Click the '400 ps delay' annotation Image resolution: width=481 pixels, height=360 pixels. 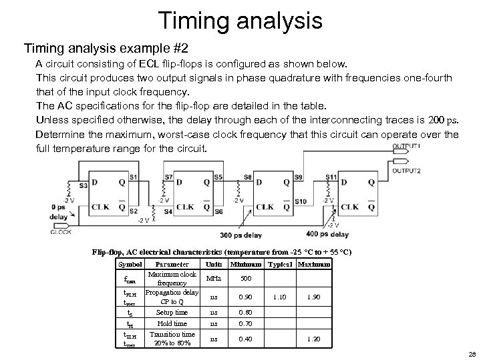pyautogui.click(x=327, y=235)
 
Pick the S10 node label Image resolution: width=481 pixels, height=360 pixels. pyautogui.click(x=300, y=201)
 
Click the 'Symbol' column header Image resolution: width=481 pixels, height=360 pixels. pyautogui.click(x=130, y=265)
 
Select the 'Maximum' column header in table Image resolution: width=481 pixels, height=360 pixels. pyautogui.click(x=314, y=265)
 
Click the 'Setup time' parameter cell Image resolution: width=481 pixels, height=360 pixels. pyautogui.click(x=172, y=312)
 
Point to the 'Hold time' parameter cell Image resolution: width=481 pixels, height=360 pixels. pyautogui.click(x=172, y=323)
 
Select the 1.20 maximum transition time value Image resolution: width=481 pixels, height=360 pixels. pyautogui.click(x=314, y=339)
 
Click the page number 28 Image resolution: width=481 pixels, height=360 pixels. pyautogui.click(x=472, y=353)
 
